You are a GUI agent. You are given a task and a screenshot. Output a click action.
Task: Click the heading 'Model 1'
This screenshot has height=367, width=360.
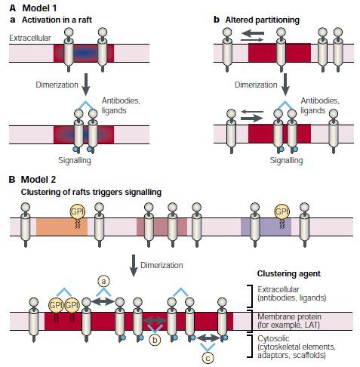pos(39,8)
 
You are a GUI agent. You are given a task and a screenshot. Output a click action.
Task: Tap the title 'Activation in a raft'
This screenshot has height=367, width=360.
pos(57,20)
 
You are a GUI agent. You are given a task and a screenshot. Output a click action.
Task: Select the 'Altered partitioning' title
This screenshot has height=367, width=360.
pos(263,20)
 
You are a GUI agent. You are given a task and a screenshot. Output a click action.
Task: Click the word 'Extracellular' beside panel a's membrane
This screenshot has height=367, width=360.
pos(30,38)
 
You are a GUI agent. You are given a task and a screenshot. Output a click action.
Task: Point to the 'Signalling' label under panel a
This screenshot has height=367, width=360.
pos(75,160)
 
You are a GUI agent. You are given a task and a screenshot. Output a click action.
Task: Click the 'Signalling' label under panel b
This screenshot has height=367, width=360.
pos(286,160)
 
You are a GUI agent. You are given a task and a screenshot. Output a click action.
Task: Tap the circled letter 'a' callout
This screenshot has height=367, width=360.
pos(103,282)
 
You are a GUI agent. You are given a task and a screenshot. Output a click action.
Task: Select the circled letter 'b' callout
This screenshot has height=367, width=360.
pos(155,340)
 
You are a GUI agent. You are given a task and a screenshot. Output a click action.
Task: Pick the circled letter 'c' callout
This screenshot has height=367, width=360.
pos(208,358)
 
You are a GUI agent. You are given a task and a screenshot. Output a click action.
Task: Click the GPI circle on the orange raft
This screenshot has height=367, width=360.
pos(78,211)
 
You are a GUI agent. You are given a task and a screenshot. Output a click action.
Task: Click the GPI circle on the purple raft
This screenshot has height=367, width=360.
pos(282,211)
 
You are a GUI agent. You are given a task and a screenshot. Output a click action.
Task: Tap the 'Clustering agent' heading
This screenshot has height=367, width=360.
pos(289,273)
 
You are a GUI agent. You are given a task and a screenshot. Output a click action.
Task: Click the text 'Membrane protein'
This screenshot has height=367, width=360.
pos(289,316)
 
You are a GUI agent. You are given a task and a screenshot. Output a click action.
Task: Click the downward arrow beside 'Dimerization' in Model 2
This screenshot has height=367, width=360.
pos(134,266)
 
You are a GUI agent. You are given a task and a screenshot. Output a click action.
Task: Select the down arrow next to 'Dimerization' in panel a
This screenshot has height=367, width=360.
pos(86,85)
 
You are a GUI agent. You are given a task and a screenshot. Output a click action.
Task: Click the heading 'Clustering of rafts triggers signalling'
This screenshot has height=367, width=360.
pos(91,192)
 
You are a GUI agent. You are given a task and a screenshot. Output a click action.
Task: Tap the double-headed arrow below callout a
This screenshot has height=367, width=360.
pos(103,301)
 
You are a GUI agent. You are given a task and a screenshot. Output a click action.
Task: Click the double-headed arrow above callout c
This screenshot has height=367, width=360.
pos(208,338)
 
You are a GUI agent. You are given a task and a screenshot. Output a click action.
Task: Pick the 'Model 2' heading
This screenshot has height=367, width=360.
pos(38,180)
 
